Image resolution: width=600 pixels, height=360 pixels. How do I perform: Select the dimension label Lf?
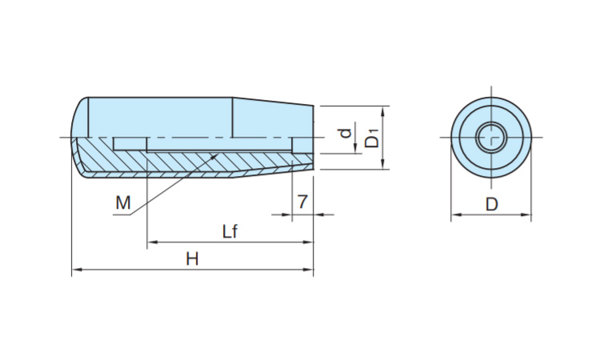(x=230, y=231)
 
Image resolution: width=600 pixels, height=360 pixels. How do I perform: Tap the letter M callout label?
(x=122, y=203)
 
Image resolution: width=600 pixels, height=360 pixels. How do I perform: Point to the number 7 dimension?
(x=302, y=202)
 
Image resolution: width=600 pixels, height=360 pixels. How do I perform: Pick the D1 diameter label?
(x=372, y=139)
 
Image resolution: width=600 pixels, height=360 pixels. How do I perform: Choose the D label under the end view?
(x=491, y=204)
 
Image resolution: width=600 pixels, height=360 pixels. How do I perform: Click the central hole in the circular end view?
(x=490, y=138)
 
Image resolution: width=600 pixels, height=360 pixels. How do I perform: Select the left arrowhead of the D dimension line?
(x=455, y=214)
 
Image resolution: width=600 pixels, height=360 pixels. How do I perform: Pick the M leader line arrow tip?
(x=218, y=154)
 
